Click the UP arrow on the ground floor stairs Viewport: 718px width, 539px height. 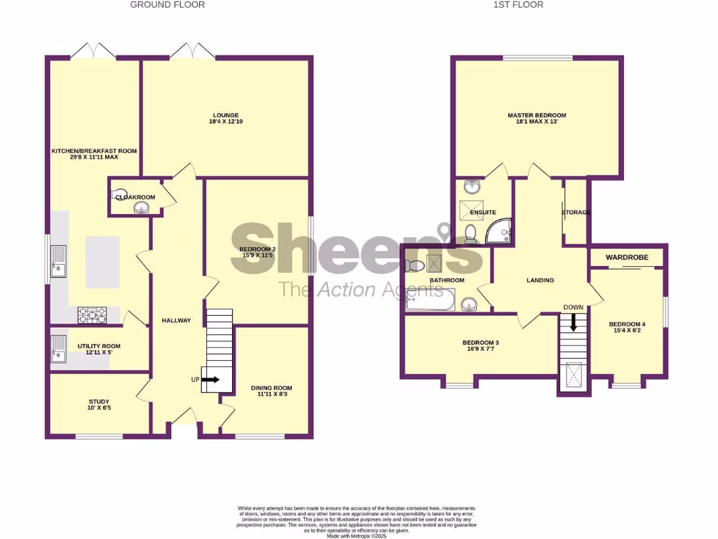[210, 380]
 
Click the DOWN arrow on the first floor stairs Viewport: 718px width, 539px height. [574, 321]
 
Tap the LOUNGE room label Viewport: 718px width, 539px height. [226, 115]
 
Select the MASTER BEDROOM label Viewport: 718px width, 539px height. [536, 115]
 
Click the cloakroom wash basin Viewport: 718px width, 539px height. [119, 193]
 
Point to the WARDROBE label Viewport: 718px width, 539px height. [627, 258]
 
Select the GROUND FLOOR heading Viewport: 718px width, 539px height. [168, 5]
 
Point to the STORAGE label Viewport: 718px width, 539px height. [576, 212]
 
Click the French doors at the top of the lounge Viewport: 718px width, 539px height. [190, 52]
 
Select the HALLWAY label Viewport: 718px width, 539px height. [176, 321]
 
